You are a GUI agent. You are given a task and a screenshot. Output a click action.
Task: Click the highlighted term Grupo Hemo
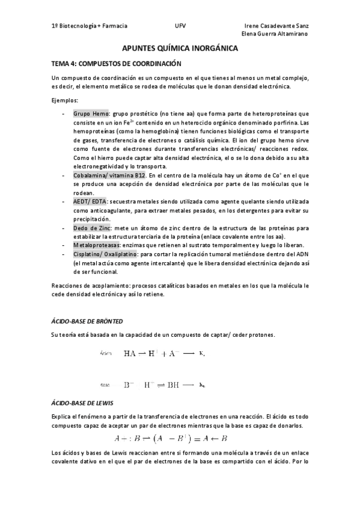91,113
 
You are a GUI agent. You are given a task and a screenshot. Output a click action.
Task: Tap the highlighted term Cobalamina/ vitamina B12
109,175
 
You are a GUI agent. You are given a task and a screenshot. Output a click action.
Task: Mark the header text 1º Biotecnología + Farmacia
90,26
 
